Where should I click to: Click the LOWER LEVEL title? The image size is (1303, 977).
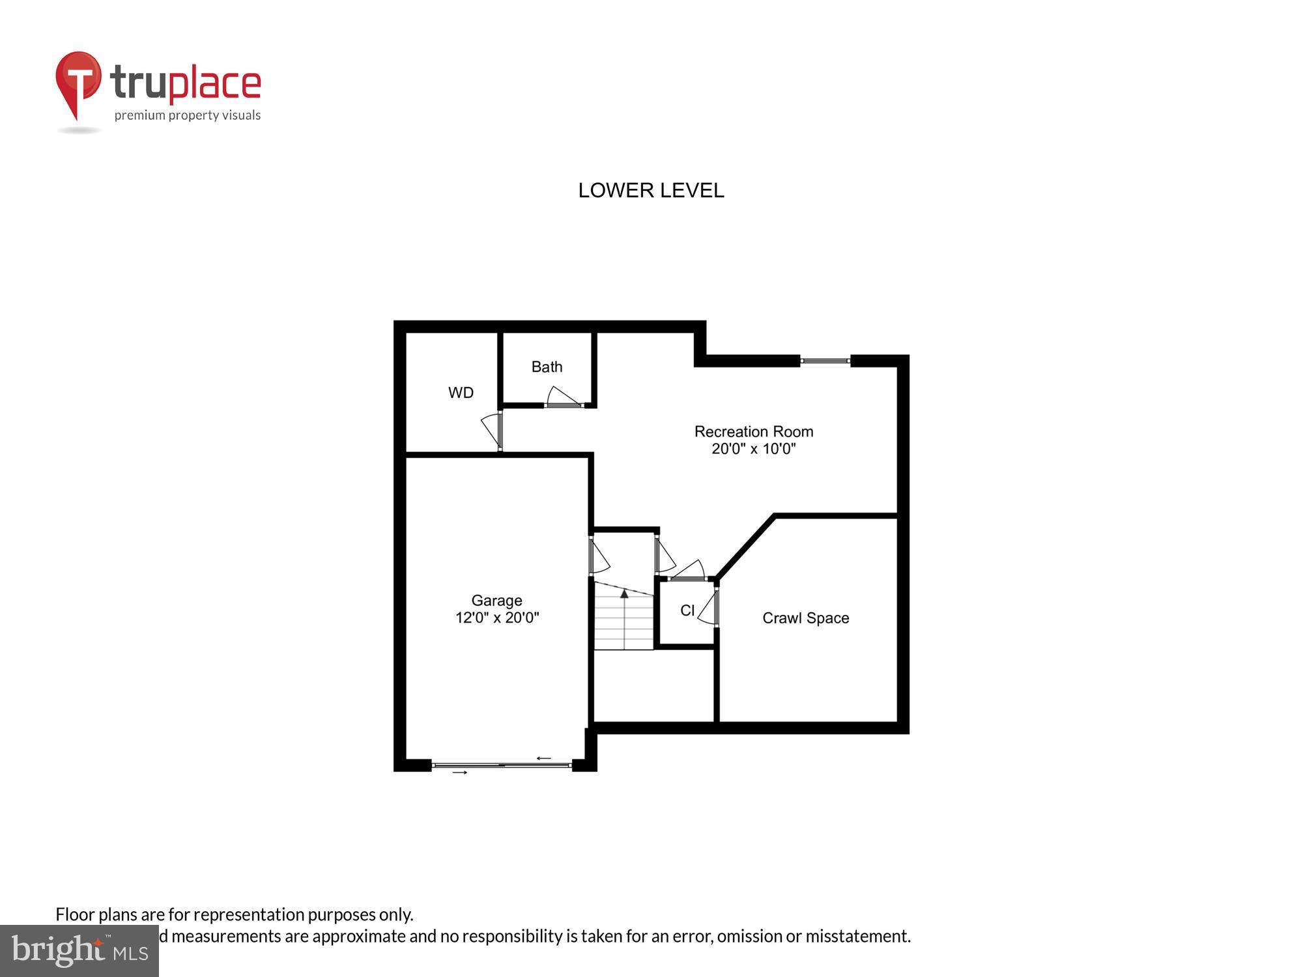click(x=651, y=190)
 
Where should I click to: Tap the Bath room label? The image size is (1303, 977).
click(x=547, y=367)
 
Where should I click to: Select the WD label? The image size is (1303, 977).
click(x=461, y=393)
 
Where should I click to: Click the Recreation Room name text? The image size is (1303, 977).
click(x=754, y=431)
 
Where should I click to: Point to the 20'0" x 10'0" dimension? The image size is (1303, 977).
click(x=754, y=449)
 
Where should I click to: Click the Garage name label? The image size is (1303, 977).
click(x=496, y=601)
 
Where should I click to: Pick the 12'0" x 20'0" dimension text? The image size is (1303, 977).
click(x=496, y=617)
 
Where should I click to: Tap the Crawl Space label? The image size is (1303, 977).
click(x=805, y=618)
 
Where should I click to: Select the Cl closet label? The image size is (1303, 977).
click(x=687, y=610)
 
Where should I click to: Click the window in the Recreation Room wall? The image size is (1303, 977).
click(x=825, y=361)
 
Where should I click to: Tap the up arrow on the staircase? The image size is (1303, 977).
click(x=624, y=594)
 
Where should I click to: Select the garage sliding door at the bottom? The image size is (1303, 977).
click(x=502, y=765)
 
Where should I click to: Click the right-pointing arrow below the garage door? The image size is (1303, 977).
click(x=460, y=772)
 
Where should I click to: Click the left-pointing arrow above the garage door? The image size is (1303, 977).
click(x=543, y=758)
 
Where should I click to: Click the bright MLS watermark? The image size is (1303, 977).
click(x=79, y=951)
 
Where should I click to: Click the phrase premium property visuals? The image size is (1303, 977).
click(x=188, y=116)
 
